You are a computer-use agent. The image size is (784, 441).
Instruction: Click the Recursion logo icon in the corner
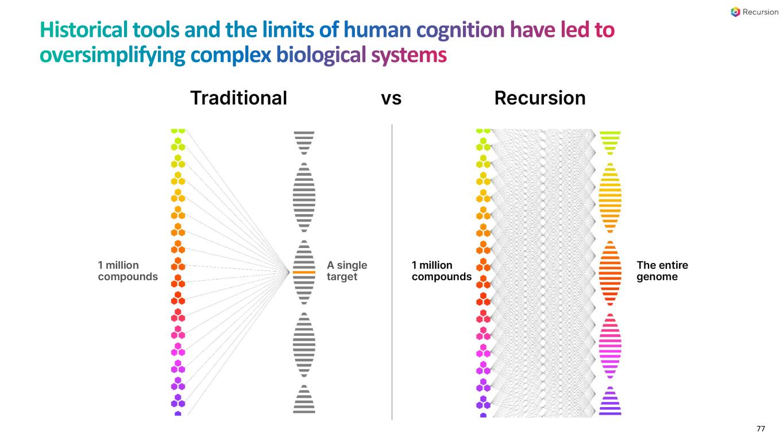coord(736,12)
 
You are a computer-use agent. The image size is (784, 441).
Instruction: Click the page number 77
coord(760,429)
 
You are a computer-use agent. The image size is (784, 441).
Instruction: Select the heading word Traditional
coord(238,98)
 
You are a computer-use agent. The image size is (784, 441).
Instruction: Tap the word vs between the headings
coord(391,98)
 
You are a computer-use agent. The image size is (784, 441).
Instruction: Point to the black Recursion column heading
coord(539,98)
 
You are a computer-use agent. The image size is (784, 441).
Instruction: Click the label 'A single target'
coord(346,271)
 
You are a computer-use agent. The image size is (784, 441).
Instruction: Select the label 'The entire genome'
coord(662,271)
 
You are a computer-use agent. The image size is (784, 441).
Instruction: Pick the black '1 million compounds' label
coord(441,271)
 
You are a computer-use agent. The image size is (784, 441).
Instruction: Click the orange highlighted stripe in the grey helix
coord(304,272)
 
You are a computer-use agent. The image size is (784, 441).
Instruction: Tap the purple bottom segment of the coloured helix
coord(610,403)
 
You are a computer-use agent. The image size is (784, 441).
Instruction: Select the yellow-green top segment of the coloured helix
coord(610,141)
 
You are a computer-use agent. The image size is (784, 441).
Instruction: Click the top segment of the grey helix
coord(304,141)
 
